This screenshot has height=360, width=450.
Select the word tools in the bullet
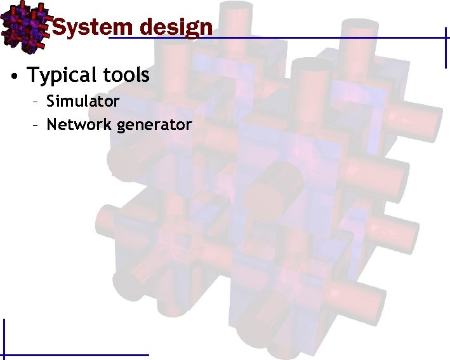127,76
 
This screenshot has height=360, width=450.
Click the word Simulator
83,102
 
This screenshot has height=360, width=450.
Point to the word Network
79,124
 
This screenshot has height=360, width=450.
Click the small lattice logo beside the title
24,25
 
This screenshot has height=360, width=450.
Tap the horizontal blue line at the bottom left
76,354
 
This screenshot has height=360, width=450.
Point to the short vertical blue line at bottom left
4,337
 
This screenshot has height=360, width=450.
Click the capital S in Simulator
51,102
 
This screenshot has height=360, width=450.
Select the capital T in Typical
32,75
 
